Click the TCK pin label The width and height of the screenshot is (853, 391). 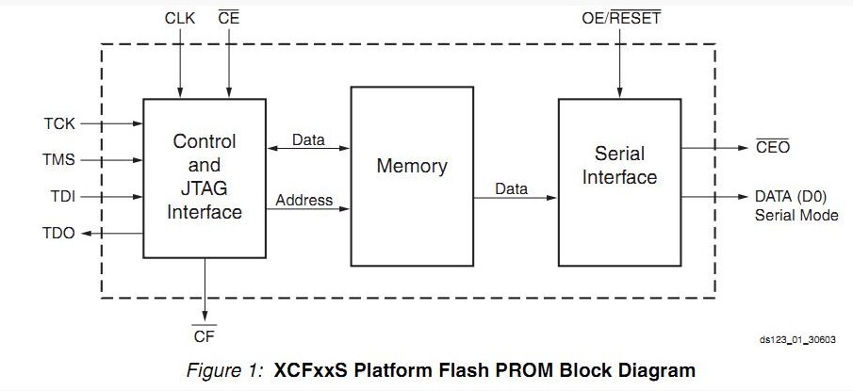[58, 123]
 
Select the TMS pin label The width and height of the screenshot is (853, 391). [58, 160]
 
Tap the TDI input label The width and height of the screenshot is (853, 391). [60, 197]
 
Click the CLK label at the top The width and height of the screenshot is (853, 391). [179, 17]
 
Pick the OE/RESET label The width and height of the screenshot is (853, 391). [622, 18]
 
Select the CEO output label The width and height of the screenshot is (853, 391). [772, 148]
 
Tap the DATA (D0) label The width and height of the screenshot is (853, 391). [796, 197]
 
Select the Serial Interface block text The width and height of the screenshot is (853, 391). [619, 165]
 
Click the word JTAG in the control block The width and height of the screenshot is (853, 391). [205, 188]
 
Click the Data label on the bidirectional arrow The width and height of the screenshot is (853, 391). [307, 140]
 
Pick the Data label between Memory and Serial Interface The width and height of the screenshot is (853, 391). [512, 188]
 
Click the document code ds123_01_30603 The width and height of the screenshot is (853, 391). [798, 341]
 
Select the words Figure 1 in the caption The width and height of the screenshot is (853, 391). [217, 369]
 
